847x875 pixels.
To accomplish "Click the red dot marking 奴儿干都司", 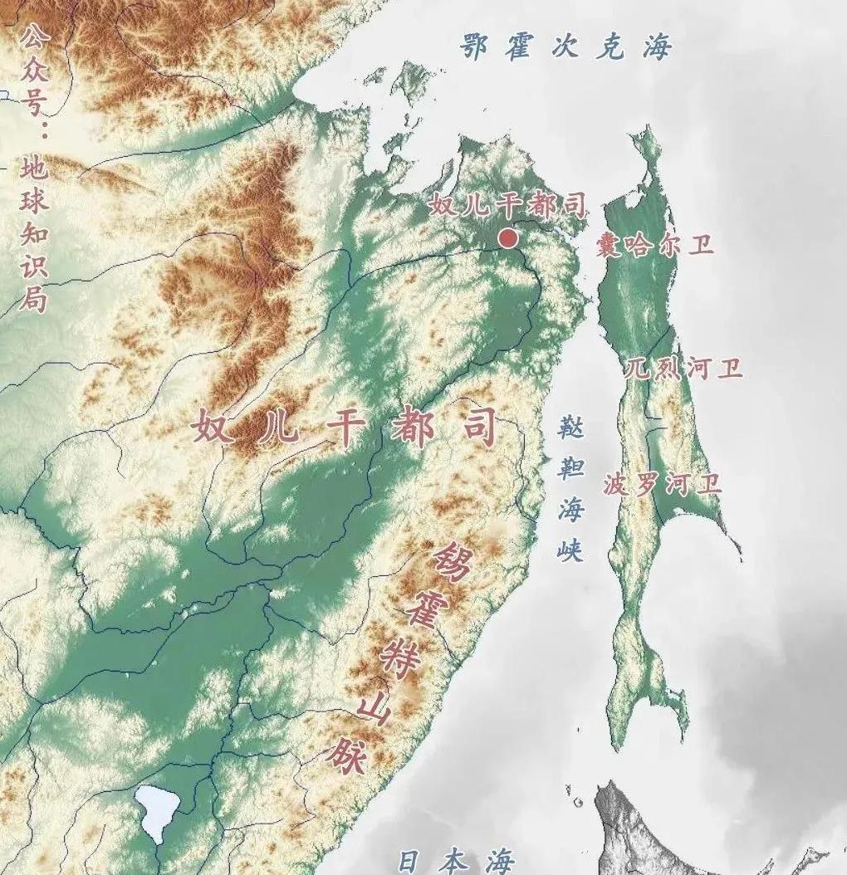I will pyautogui.click(x=508, y=239).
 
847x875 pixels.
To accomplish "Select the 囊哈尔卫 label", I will pyautogui.click(x=654, y=246).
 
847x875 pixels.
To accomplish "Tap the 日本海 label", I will pyautogui.click(x=456, y=861).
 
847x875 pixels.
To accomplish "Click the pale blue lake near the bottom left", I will pyautogui.click(x=158, y=810).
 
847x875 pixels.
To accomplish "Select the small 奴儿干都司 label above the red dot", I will pyautogui.click(x=507, y=205).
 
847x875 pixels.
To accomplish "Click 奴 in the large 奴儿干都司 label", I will pyautogui.click(x=213, y=429).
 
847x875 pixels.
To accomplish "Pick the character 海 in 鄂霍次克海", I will pyautogui.click(x=655, y=47).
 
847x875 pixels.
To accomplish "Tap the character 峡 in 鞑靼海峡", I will pyautogui.click(x=570, y=549).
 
